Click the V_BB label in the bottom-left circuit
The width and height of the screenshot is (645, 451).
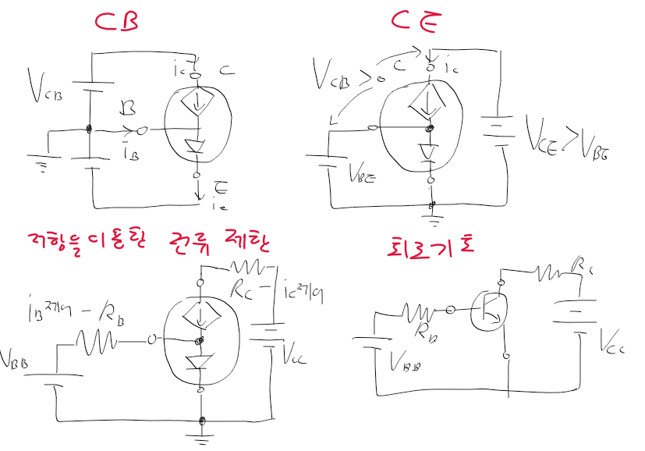pyautogui.click(x=18, y=360)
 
